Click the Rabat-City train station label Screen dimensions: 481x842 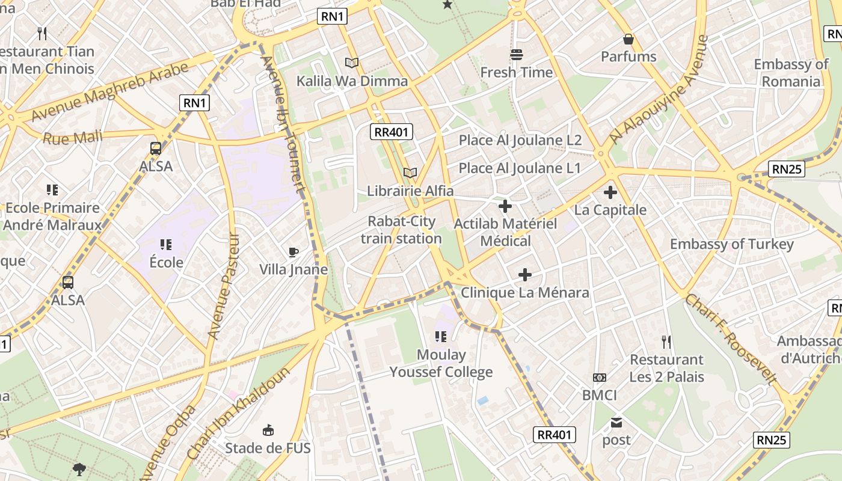pyautogui.click(x=401, y=230)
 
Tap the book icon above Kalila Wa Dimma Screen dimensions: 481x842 pyautogui.click(x=352, y=63)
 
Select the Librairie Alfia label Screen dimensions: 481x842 pyautogui.click(x=410, y=191)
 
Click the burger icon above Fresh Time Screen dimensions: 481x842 pyautogui.click(x=516, y=55)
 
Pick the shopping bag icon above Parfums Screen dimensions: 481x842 pyautogui.click(x=628, y=40)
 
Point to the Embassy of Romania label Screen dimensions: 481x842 pyautogui.click(x=791, y=73)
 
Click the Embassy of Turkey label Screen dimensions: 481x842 pyautogui.click(x=732, y=244)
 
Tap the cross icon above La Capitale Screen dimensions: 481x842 pyautogui.click(x=610, y=192)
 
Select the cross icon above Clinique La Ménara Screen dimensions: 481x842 pyautogui.click(x=525, y=275)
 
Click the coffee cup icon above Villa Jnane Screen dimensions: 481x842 pyautogui.click(x=293, y=252)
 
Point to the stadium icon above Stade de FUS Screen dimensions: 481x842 pyautogui.click(x=268, y=430)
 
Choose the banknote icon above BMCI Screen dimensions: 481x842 pyautogui.click(x=600, y=378)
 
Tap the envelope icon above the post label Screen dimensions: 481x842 pyautogui.click(x=616, y=423)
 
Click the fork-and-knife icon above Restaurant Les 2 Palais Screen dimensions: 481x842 pyautogui.click(x=666, y=342)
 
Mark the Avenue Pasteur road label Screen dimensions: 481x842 pyautogui.click(x=223, y=286)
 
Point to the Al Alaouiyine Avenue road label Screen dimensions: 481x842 pyautogui.click(x=659, y=90)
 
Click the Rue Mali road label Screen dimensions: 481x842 pyautogui.click(x=72, y=138)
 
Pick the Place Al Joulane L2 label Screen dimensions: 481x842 pyautogui.click(x=520, y=140)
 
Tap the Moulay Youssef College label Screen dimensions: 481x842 pyautogui.click(x=441, y=363)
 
